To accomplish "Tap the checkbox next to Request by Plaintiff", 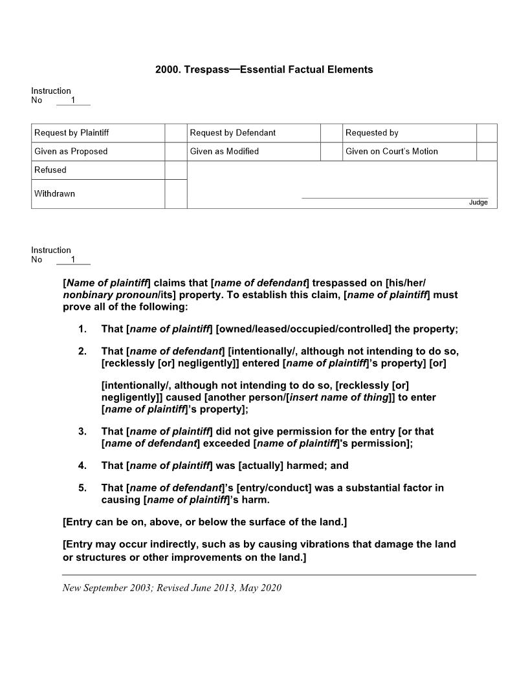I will (x=175, y=133).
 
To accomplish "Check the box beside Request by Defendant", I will (x=331, y=133).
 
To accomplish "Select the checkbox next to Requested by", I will (x=487, y=133).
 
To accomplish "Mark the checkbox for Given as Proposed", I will (x=175, y=151).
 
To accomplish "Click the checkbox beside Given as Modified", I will (x=331, y=151).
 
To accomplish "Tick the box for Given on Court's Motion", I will (x=487, y=151).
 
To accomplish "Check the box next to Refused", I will (x=175, y=170).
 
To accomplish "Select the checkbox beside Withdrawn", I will (x=175, y=194).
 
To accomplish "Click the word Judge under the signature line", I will (x=478, y=202).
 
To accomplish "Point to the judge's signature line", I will (x=395, y=198).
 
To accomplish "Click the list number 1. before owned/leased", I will (x=82, y=329).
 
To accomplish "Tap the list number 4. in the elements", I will (x=82, y=465).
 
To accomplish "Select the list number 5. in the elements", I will (x=82, y=488).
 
